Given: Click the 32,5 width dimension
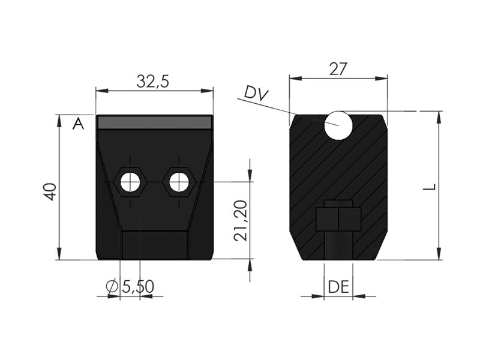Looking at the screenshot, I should tap(153, 82).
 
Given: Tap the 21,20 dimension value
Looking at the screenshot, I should tap(241, 221).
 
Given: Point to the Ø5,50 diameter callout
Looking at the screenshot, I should tap(130, 287).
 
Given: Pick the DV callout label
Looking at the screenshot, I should tap(256, 94).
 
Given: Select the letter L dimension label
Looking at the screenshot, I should tap(429, 187).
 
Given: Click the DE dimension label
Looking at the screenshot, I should tap(338, 287).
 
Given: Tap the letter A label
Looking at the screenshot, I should tap(78, 124).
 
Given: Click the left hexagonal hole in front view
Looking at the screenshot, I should tap(129, 182).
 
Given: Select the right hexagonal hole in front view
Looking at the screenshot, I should tap(179, 182).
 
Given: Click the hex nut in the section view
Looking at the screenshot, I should tap(338, 218).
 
